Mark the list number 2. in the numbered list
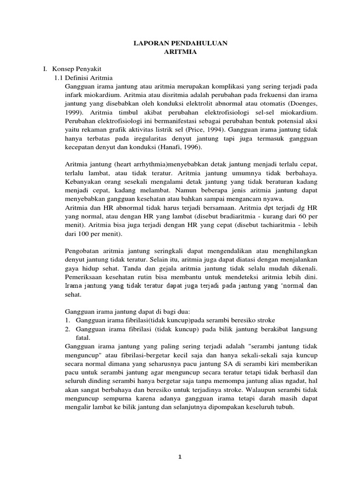pyautogui.click(x=66, y=330)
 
